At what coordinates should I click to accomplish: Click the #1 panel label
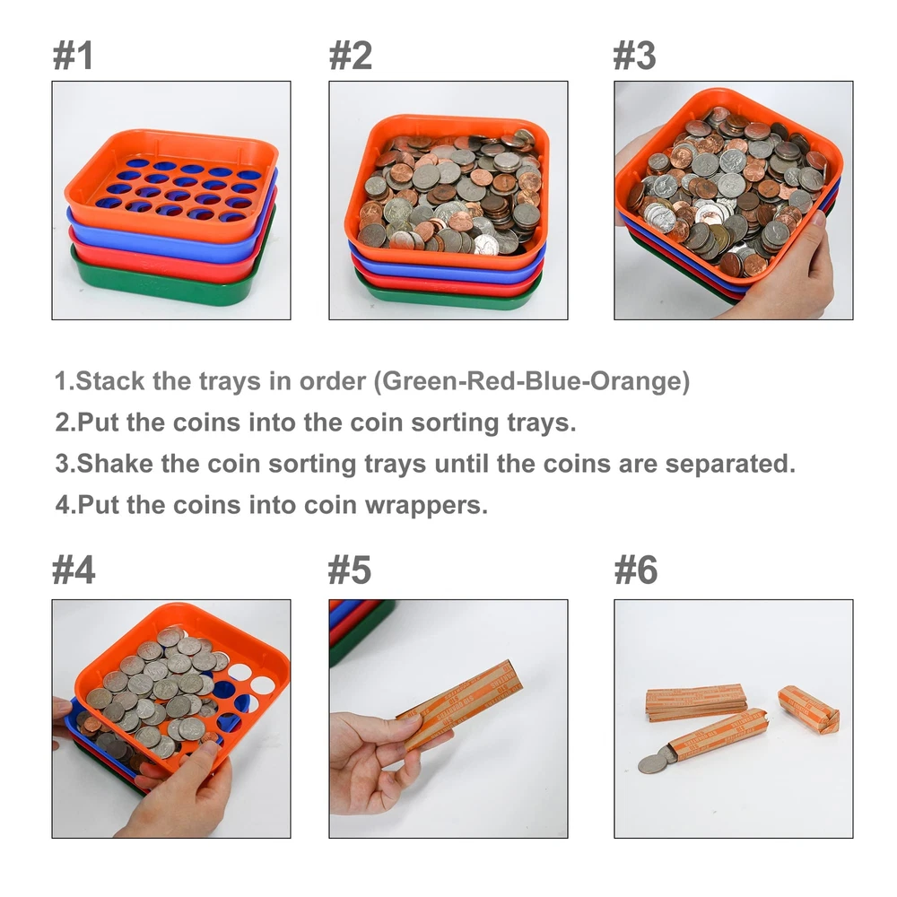(x=73, y=56)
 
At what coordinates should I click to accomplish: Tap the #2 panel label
(x=350, y=56)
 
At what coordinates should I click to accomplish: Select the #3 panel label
(x=634, y=56)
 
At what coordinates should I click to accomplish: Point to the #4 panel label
(x=74, y=570)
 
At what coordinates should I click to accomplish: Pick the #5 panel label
(x=350, y=570)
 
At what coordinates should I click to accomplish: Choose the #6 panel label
(x=636, y=570)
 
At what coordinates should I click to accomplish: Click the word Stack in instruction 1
(x=109, y=381)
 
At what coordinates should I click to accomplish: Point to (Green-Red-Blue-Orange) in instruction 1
(x=532, y=381)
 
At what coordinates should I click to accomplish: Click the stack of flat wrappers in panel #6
(x=695, y=702)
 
